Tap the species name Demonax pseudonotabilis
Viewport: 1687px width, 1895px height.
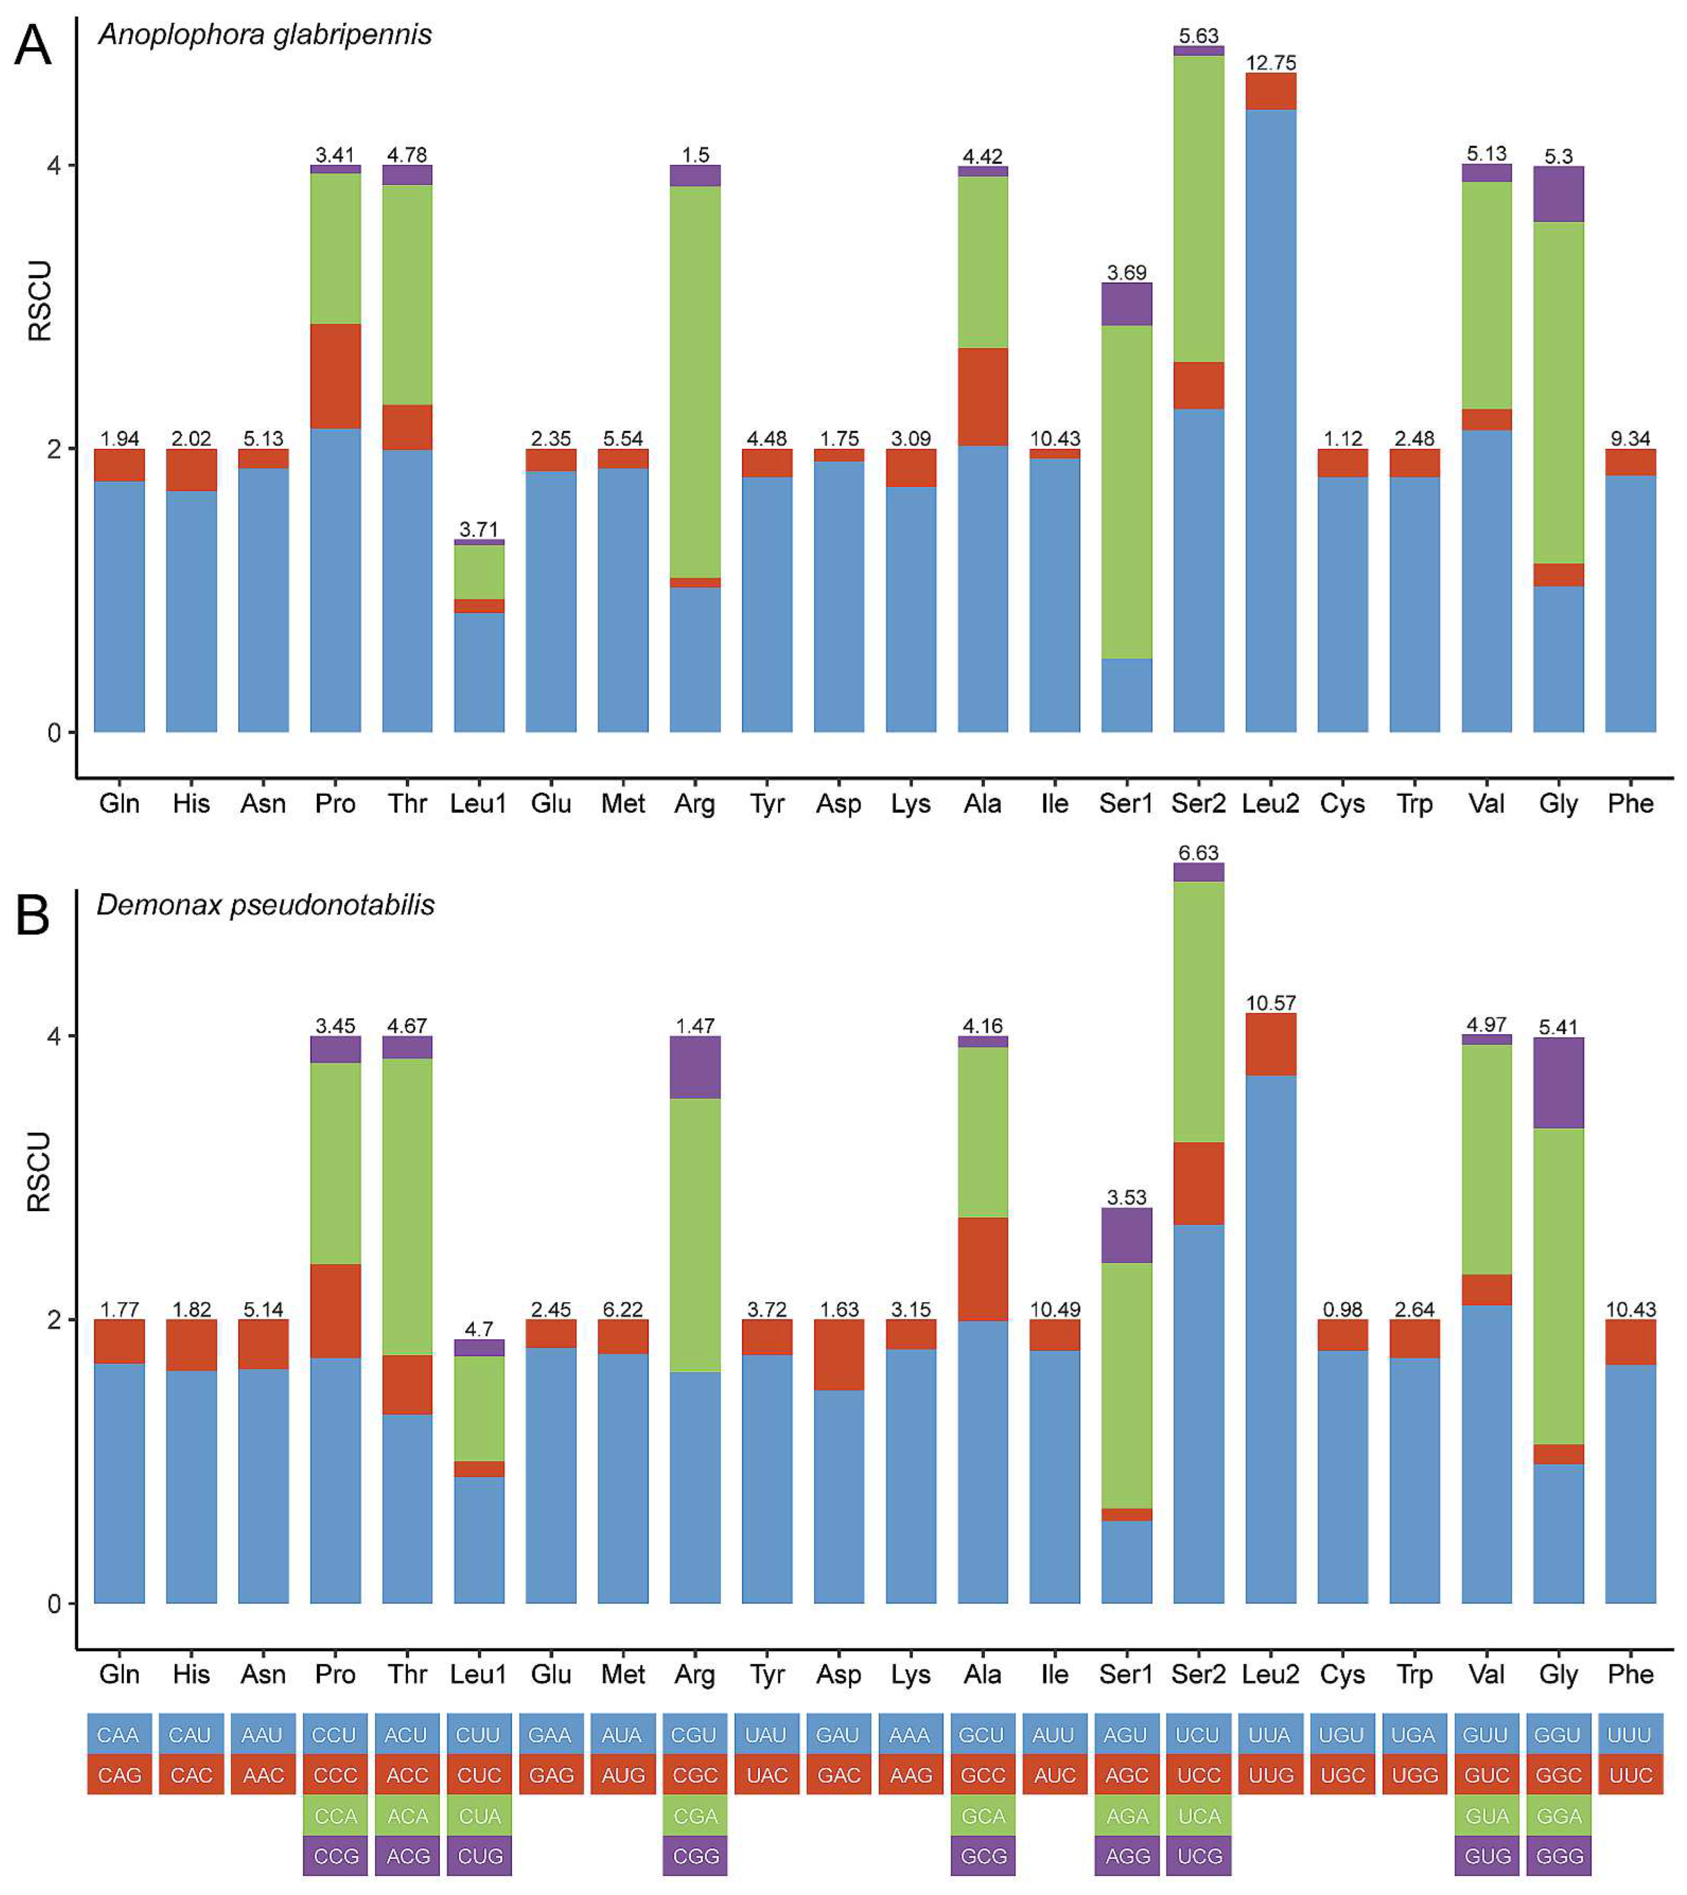click(265, 905)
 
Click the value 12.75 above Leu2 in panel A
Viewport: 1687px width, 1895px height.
click(1270, 62)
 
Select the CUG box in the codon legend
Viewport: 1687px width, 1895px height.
click(480, 1856)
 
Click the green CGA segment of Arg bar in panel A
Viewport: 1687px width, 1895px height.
click(695, 380)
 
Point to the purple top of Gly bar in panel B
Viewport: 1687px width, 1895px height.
click(1558, 1082)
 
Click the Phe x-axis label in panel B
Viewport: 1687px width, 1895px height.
click(1629, 1674)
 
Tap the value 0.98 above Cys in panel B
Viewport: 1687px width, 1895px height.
click(1342, 1309)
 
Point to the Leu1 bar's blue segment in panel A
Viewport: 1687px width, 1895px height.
click(480, 672)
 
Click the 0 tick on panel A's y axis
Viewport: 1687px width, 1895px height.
click(54, 733)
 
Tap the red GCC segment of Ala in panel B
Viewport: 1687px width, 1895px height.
click(982, 1268)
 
